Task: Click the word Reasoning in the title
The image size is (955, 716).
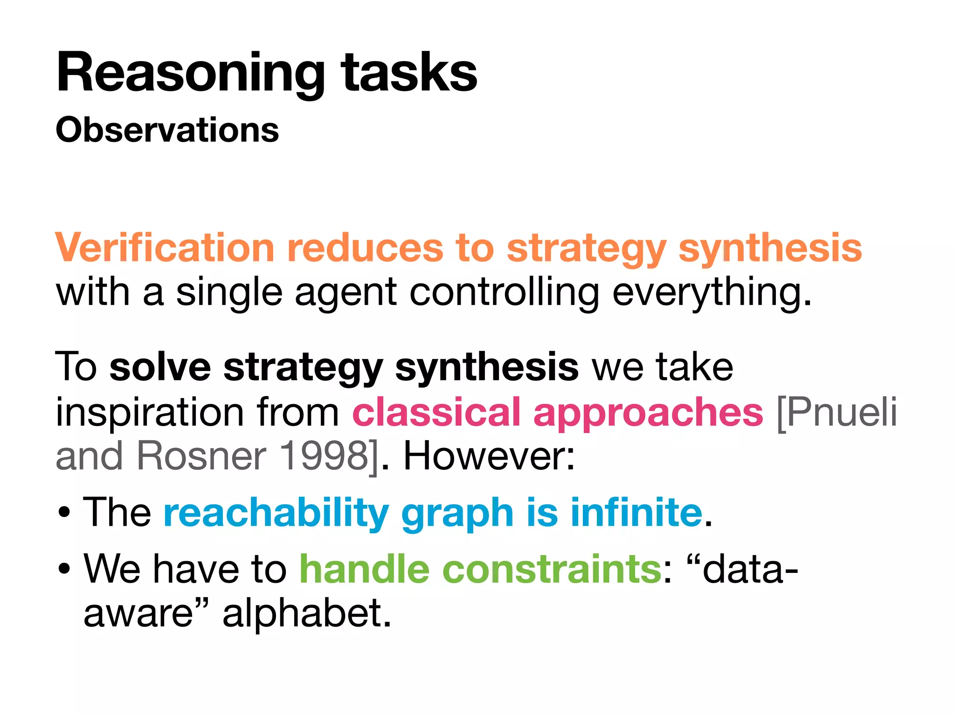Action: click(x=189, y=74)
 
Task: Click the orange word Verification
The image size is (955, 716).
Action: click(x=164, y=248)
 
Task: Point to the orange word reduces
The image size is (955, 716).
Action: click(x=365, y=248)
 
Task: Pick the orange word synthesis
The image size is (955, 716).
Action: click(x=770, y=248)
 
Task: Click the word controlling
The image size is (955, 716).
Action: click(x=504, y=293)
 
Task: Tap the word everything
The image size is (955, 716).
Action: click(x=712, y=293)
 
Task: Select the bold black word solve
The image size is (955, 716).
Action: click(x=160, y=367)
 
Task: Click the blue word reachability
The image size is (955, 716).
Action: click(x=276, y=513)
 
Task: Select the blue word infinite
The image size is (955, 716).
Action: click(x=637, y=512)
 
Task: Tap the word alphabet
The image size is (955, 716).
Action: click(x=306, y=613)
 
